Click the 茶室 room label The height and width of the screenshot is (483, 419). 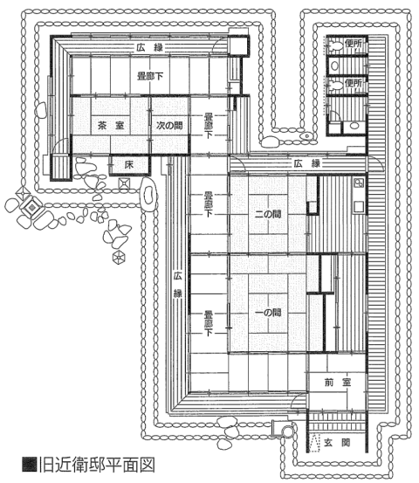click(x=111, y=126)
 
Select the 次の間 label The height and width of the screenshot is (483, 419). click(x=169, y=126)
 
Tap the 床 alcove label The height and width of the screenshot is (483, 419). click(x=129, y=165)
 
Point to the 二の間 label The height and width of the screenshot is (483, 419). click(x=268, y=214)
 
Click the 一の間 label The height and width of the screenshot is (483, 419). click(x=268, y=313)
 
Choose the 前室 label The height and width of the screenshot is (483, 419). click(x=338, y=383)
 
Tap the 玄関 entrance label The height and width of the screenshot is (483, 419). click(x=337, y=443)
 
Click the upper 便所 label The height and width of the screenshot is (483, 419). click(x=354, y=44)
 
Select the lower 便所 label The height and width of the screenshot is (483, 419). click(x=354, y=83)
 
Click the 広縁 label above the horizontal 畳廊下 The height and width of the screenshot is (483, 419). click(x=150, y=48)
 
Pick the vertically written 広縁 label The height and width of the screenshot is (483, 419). click(x=177, y=285)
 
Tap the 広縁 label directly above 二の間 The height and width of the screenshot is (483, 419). click(x=307, y=163)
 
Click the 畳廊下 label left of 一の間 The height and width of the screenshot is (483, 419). click(x=209, y=323)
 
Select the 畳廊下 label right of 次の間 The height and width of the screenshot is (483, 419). click(x=209, y=126)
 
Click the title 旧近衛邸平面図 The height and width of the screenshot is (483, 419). click(x=97, y=466)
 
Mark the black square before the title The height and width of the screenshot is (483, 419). click(x=30, y=466)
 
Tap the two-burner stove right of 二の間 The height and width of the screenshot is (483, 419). click(x=359, y=183)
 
